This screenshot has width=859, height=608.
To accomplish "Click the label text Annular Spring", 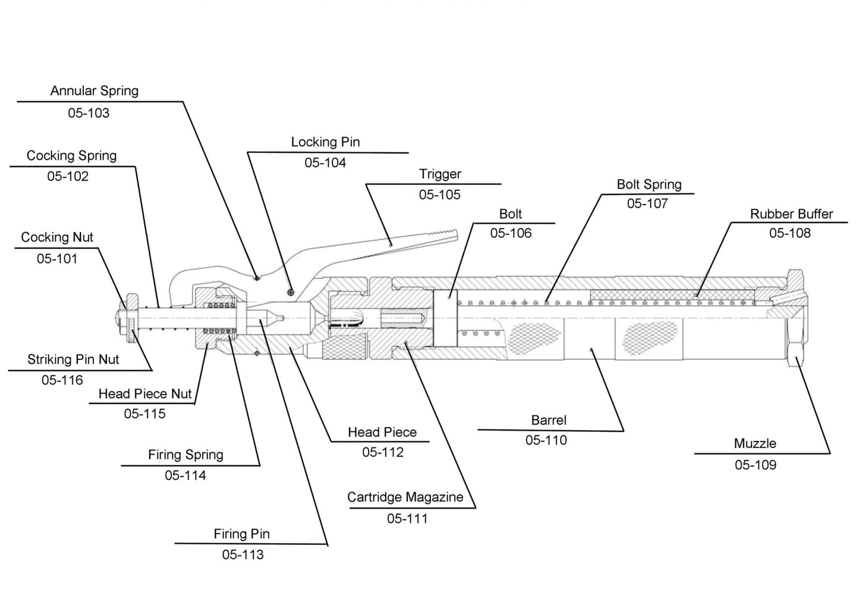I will [94, 91].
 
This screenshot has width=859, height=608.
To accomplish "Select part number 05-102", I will [68, 176].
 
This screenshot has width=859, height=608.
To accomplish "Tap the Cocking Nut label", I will [57, 237].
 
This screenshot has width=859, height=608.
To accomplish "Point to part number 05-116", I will [62, 380].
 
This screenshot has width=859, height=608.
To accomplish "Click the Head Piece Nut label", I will [145, 393].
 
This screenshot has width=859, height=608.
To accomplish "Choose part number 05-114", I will [185, 475].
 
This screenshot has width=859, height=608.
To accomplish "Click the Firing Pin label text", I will [241, 534].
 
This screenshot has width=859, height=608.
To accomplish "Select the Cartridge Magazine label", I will [405, 497].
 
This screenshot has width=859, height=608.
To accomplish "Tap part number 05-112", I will [383, 452].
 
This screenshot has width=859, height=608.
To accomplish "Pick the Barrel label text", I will [548, 420].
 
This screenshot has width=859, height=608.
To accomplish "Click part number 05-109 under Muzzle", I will [755, 465].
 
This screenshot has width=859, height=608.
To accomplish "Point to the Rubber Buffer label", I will [791, 214].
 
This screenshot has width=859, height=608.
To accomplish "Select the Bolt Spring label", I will [649, 184].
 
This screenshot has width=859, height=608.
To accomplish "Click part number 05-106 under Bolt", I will [511, 233].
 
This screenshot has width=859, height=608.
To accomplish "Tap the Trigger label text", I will [440, 174].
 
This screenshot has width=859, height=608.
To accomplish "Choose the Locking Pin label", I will [325, 142].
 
